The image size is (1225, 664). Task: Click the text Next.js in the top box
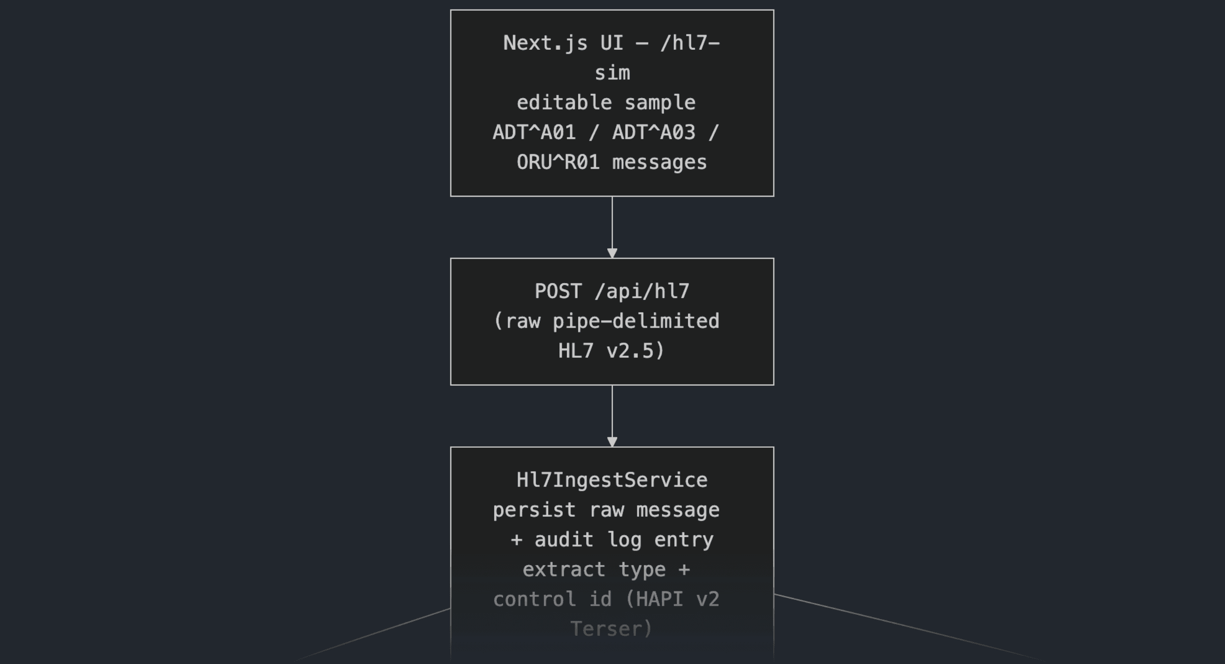(546, 43)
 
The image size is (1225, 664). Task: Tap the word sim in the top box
(612, 73)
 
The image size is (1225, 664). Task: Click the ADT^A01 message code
(534, 133)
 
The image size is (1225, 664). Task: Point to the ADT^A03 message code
(654, 133)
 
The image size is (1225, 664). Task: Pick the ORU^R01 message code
(558, 162)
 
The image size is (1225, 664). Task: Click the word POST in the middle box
(558, 291)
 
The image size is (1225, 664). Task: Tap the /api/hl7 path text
(642, 291)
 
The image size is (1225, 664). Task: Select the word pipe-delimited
(636, 321)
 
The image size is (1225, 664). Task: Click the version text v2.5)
(636, 351)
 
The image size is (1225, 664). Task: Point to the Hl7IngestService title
(612, 480)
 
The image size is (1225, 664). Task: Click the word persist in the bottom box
(534, 510)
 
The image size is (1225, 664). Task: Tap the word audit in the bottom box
(564, 540)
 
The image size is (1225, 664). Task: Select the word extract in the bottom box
(564, 569)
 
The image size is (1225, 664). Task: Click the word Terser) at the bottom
(612, 629)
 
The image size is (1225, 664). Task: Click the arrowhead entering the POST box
(612, 253)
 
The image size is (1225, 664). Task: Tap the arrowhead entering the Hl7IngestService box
(612, 442)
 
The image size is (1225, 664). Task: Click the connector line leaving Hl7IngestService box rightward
(909, 628)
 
